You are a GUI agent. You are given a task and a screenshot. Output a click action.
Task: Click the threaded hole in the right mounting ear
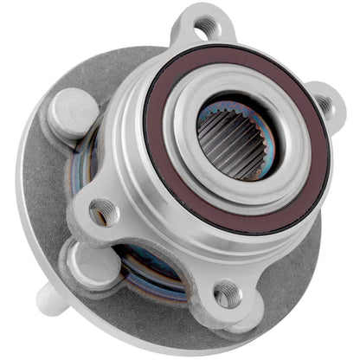pos(325,105)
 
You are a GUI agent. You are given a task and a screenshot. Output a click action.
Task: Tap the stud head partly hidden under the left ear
pos(82,254)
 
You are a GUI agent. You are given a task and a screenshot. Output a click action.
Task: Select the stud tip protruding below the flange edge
pos(53,299)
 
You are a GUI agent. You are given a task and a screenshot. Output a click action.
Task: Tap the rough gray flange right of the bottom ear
pos(277,286)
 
